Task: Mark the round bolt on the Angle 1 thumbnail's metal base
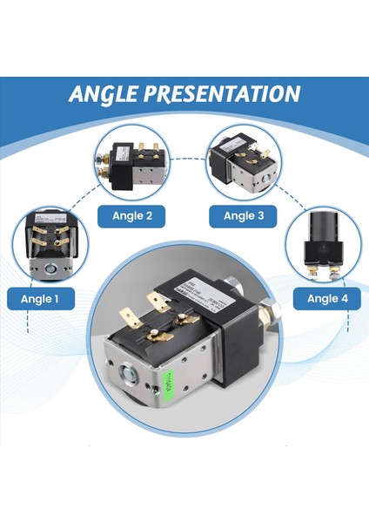pyautogui.click(x=49, y=268)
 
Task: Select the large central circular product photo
pyautogui.click(x=185, y=349)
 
